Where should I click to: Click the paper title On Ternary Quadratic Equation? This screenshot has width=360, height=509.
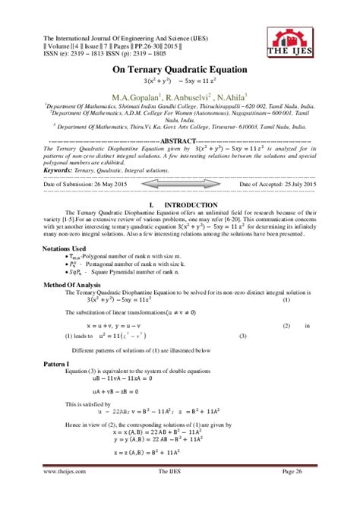click(x=180, y=69)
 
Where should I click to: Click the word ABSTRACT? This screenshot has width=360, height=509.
click(x=180, y=141)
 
